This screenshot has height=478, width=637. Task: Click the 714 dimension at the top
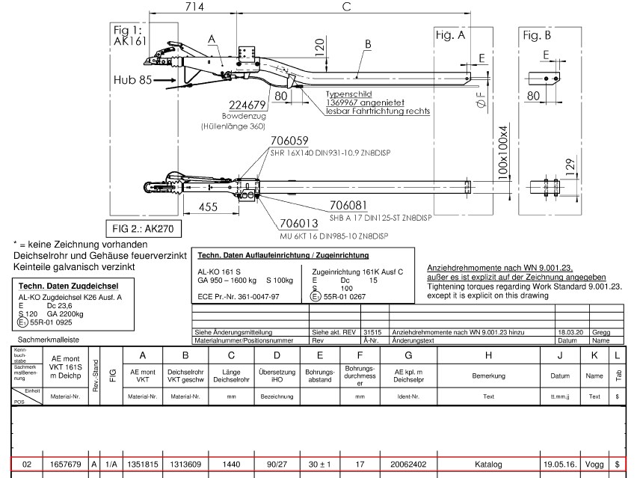click(x=194, y=7)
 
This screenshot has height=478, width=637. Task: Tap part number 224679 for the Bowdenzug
click(x=242, y=105)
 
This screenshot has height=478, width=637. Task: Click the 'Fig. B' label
click(x=537, y=35)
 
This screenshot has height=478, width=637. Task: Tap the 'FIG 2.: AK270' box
click(x=144, y=227)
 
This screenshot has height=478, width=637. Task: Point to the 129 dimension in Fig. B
click(x=570, y=165)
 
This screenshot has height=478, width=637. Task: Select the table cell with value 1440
click(x=232, y=465)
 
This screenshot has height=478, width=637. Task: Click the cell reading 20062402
click(x=407, y=465)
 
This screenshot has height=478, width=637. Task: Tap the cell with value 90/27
click(x=276, y=465)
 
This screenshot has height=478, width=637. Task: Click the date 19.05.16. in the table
click(x=560, y=465)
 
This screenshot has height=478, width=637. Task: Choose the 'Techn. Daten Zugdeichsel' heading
click(x=67, y=286)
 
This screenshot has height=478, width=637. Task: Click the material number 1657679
click(x=65, y=465)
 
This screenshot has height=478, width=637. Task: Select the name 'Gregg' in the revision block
click(x=600, y=331)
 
